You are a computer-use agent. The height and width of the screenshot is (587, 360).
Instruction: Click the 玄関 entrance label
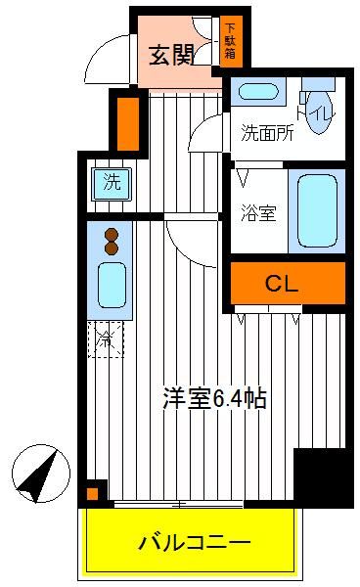(x=172, y=56)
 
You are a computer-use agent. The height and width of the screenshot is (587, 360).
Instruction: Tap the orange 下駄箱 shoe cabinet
(x=231, y=41)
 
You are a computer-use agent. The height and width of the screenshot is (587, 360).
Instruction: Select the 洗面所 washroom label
(x=267, y=132)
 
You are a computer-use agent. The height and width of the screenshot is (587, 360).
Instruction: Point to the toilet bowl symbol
(x=318, y=109)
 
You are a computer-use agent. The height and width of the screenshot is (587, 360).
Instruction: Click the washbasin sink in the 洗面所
(x=258, y=91)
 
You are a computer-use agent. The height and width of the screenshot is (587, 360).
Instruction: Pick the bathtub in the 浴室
(x=317, y=210)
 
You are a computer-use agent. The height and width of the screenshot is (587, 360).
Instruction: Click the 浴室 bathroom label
(x=258, y=213)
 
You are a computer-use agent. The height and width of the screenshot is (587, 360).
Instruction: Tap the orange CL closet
(x=288, y=283)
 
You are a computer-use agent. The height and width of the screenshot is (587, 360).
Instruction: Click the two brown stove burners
(x=112, y=242)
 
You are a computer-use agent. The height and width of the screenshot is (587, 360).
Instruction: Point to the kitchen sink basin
(x=112, y=285)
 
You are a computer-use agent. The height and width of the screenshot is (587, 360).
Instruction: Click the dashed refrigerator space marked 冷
(x=106, y=339)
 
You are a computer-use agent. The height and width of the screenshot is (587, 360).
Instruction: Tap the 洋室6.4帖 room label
(x=214, y=399)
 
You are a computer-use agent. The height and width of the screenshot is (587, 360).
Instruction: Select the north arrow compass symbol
(x=41, y=474)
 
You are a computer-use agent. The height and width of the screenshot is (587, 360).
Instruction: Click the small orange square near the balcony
(x=92, y=494)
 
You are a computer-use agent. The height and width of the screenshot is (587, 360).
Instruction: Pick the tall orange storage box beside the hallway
(x=128, y=123)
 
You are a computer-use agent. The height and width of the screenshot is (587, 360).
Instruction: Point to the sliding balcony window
(x=179, y=504)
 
